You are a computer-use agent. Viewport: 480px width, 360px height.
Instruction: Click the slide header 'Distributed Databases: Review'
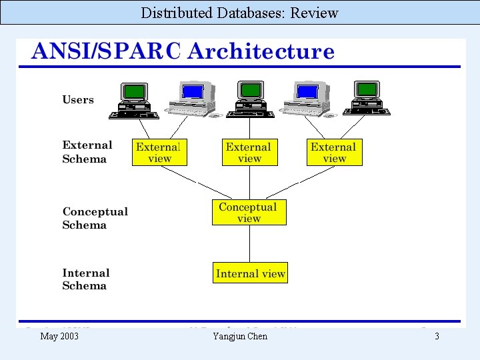tap(239, 13)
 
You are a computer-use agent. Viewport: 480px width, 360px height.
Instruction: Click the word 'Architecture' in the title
tap(261, 51)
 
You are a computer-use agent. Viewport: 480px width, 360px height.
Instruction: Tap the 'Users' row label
tap(78, 100)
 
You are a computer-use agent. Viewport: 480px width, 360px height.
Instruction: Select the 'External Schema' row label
tap(87, 152)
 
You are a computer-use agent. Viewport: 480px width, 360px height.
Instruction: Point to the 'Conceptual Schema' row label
tap(95, 218)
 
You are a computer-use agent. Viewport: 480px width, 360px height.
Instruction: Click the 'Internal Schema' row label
tap(85, 279)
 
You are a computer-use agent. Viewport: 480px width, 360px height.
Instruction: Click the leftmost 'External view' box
tap(159, 152)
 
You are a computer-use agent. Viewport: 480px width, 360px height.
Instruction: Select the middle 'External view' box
tap(249, 152)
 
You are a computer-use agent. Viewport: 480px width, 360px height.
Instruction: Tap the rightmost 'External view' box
tap(334, 152)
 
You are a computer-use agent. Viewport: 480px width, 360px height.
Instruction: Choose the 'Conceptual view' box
tap(249, 212)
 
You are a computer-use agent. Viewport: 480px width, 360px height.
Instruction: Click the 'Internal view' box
tap(250, 273)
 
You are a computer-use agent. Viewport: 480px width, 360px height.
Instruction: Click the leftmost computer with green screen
tap(134, 100)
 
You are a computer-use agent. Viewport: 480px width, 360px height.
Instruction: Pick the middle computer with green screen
tap(250, 99)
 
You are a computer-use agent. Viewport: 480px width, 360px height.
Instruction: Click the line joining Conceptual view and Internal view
tap(249, 243)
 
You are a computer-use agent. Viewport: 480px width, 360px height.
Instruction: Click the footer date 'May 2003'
tap(59, 336)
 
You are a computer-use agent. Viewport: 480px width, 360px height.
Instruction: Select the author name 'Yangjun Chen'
tap(240, 336)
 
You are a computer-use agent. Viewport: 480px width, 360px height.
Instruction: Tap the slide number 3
tap(437, 336)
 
